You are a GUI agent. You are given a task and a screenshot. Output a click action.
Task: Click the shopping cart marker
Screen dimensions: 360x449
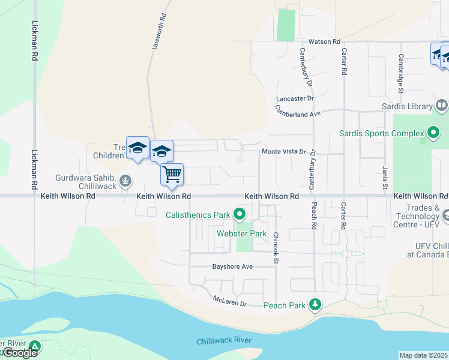click(x=172, y=174)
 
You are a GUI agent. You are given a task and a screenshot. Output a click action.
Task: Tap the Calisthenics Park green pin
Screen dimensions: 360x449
click(x=240, y=214)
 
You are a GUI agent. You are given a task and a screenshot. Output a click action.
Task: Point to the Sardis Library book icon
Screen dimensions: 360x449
click(x=441, y=106)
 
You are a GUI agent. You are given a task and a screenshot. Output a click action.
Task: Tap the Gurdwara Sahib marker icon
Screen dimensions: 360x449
click(x=125, y=180)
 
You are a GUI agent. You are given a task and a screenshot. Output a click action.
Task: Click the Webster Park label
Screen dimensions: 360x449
click(x=242, y=233)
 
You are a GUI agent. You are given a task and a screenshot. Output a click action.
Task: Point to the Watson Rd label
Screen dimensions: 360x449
click(x=325, y=42)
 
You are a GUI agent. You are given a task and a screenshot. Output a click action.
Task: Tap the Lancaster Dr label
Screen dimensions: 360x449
click(x=295, y=98)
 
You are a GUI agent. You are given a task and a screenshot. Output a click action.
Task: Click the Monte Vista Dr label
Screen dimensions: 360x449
click(x=284, y=152)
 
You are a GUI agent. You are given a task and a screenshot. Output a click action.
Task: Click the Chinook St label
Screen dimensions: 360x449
click(x=276, y=248)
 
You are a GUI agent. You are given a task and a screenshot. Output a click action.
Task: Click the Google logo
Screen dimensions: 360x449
click(x=19, y=353)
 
